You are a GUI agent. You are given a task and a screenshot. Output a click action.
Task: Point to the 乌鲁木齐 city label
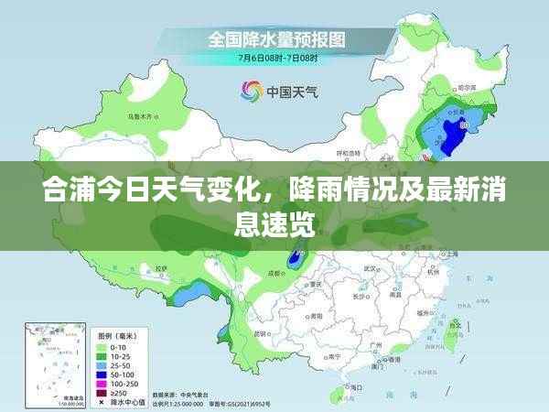point(139,117)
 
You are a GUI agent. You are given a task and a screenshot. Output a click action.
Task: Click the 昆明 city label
point(261,332)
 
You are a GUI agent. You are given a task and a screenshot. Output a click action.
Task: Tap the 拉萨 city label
point(162,268)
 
